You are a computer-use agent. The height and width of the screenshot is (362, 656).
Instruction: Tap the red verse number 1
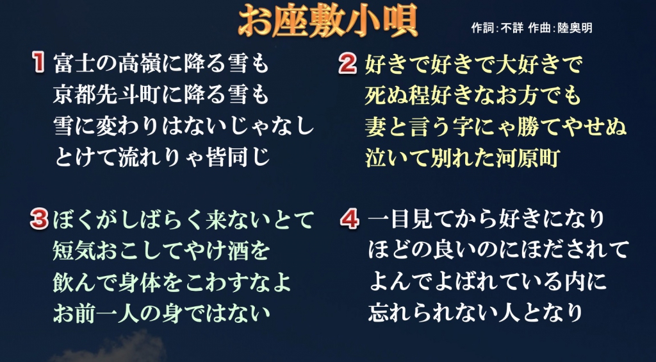pos(39,64)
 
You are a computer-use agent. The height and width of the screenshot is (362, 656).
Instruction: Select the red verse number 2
pos(348,64)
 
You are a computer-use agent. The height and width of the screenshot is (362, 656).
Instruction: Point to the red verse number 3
pos(39,220)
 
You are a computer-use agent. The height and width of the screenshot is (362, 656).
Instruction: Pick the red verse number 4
pos(350,219)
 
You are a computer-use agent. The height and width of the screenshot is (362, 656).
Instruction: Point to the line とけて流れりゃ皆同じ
pos(163,158)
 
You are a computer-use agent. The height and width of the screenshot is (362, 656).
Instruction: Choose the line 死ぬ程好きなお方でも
pos(473,96)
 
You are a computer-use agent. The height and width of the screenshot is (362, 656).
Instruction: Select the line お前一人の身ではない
pos(161,313)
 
